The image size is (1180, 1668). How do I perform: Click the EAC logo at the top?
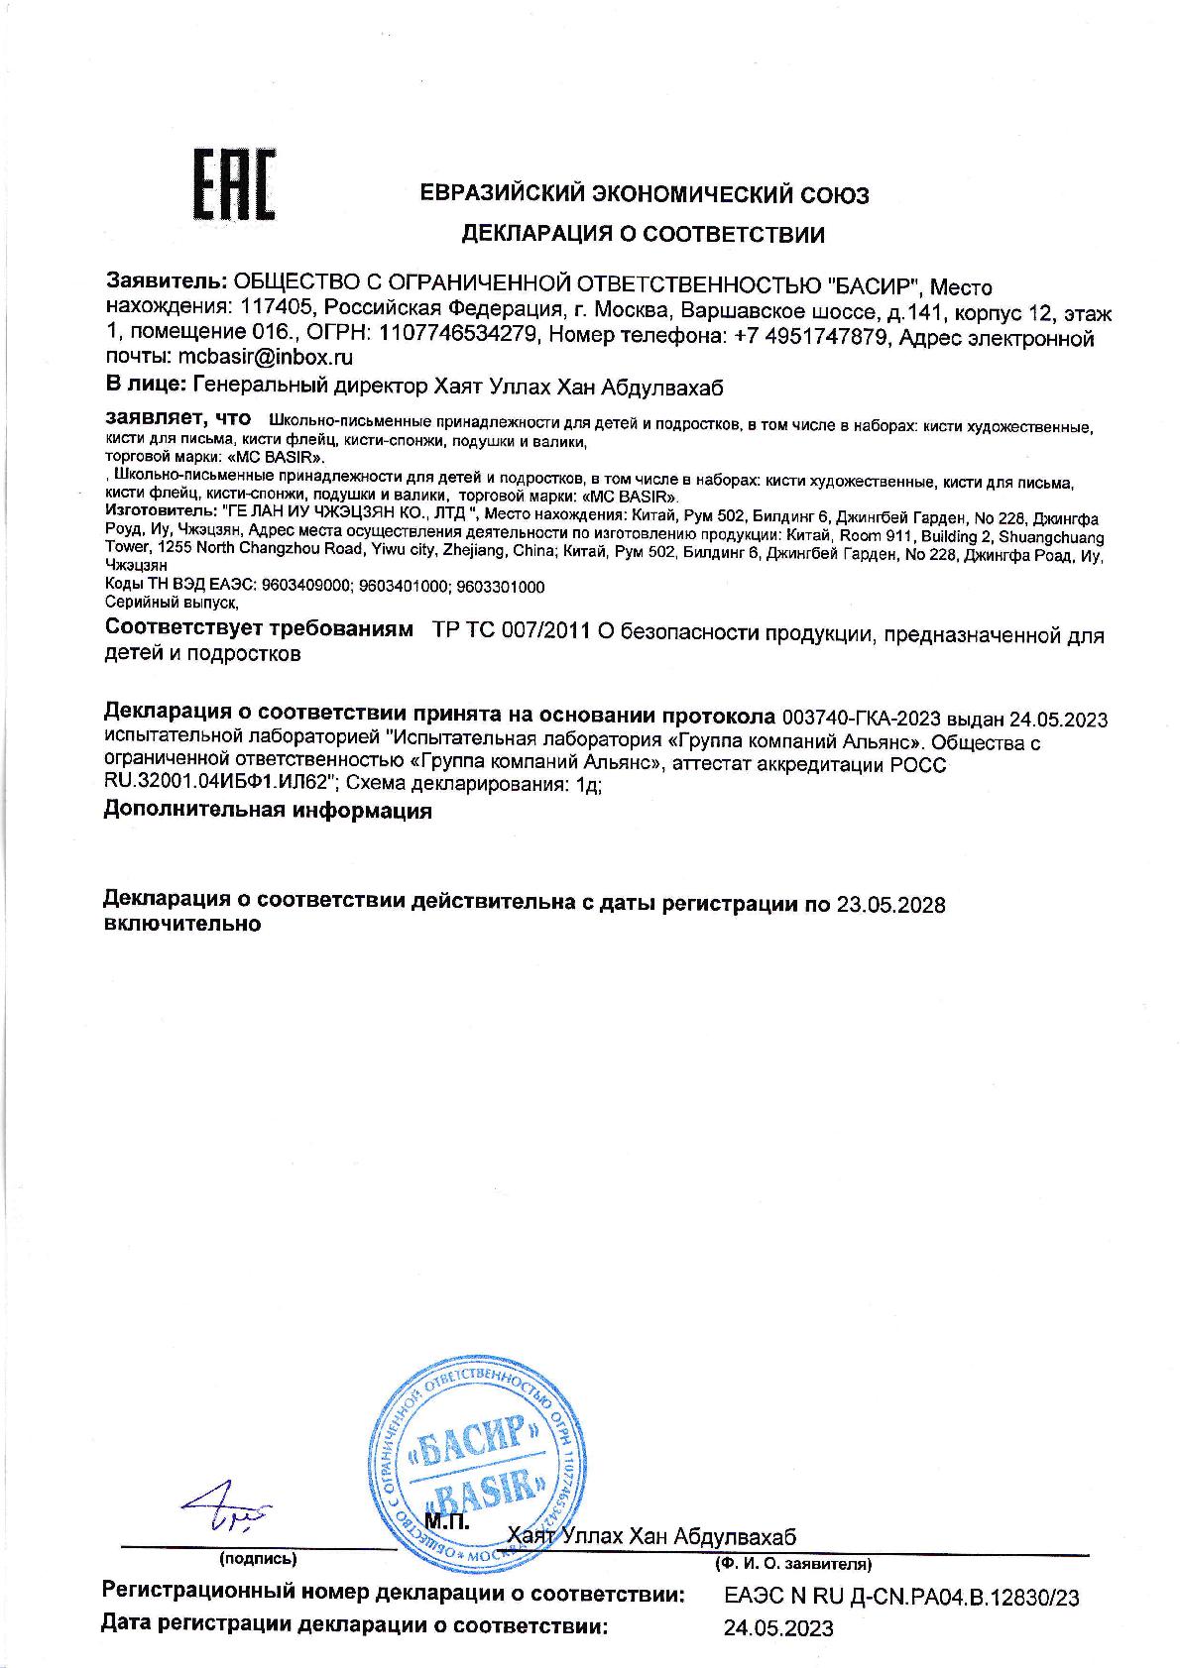coord(233,185)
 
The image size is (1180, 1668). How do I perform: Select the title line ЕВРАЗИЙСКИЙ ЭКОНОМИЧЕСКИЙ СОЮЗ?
coord(645,195)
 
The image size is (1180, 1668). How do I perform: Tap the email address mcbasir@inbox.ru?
coord(265,358)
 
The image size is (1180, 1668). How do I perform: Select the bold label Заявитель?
coord(167,287)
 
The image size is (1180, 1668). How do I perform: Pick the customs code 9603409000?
coord(308,587)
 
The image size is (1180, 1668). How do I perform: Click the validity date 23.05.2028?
coord(889,904)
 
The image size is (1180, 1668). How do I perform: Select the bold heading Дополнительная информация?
coord(268,811)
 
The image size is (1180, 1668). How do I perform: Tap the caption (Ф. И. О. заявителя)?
coord(792,1565)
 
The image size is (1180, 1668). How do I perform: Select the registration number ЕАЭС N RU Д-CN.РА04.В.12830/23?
coord(901,1598)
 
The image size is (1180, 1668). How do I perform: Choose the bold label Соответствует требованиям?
coord(258,631)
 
